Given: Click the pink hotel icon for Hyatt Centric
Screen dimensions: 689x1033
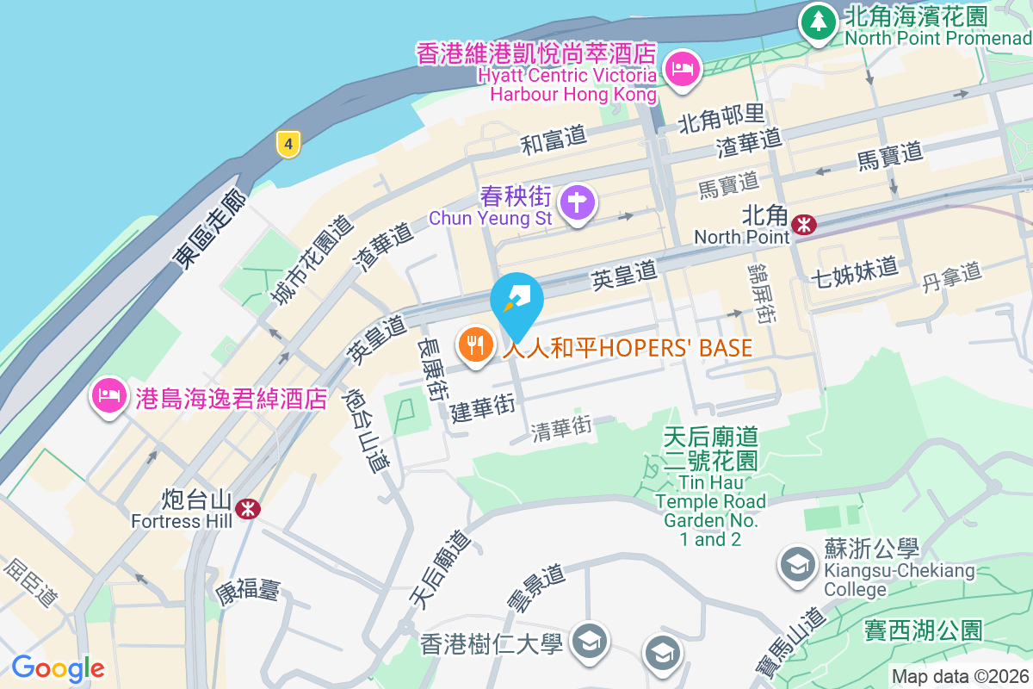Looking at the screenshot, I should pos(684,67).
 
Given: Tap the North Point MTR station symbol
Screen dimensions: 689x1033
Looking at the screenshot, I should pos(805,224).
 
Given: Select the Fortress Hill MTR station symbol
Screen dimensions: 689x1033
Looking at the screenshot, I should pos(248,508).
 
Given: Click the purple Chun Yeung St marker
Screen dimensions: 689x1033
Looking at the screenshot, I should pos(577,203).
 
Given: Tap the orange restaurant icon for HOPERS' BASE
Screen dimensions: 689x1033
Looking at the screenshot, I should pos(474,346).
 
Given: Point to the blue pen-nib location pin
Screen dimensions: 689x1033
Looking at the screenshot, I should pos(516,301).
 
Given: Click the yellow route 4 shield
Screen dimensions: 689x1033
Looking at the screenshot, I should pos(288,144).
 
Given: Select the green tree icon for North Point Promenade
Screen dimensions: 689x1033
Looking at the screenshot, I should pos(817,21).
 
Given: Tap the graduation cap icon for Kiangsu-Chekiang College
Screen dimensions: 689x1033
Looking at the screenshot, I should pos(798,564).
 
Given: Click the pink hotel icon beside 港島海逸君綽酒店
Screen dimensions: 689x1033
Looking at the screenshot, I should pos(108,396).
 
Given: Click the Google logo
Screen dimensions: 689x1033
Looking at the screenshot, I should pos(58,667).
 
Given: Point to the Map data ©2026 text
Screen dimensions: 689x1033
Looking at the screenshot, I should pos(959,676).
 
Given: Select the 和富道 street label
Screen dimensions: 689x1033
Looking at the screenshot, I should pos(554,140).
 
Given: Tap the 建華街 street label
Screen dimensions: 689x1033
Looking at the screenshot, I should pos(483,408).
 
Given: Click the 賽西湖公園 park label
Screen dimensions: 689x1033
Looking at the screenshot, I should pos(923,630).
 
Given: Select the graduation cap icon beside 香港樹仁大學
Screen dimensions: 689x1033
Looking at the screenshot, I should pos(591,641).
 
